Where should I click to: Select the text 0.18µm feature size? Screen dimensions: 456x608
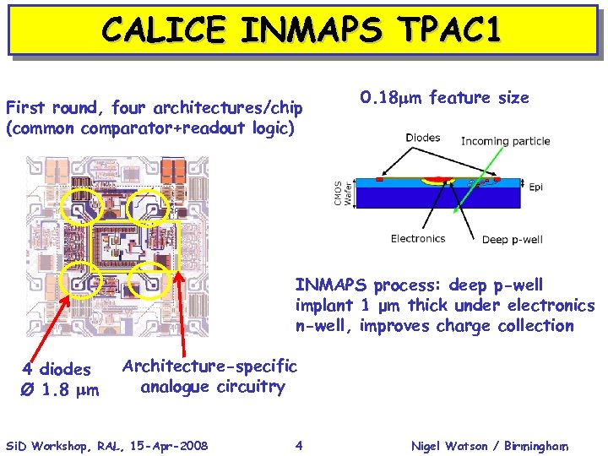(444, 98)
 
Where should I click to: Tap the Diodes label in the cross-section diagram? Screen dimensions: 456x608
(422, 138)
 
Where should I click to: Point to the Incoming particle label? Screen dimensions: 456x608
(505, 141)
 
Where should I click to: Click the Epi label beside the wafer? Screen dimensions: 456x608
(536, 187)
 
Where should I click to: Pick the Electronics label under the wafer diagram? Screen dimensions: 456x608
(417, 239)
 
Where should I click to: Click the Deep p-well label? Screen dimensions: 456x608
(513, 240)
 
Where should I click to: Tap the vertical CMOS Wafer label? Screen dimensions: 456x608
(342, 193)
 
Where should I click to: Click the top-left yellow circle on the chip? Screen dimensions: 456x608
(82, 204)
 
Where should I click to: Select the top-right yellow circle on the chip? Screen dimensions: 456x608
(152, 204)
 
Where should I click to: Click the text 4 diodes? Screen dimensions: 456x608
(57, 369)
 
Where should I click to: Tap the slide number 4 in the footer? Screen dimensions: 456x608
(299, 445)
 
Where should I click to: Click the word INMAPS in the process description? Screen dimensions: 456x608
(332, 285)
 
